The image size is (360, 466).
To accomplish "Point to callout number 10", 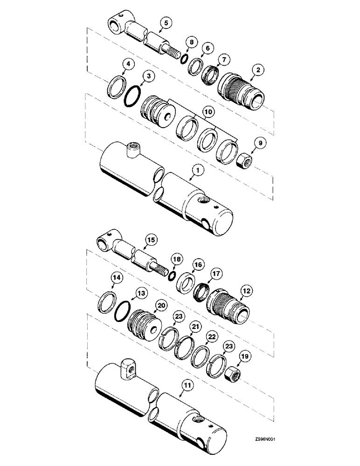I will pos(208,112).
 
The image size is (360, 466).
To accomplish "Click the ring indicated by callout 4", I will pos(116,87).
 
